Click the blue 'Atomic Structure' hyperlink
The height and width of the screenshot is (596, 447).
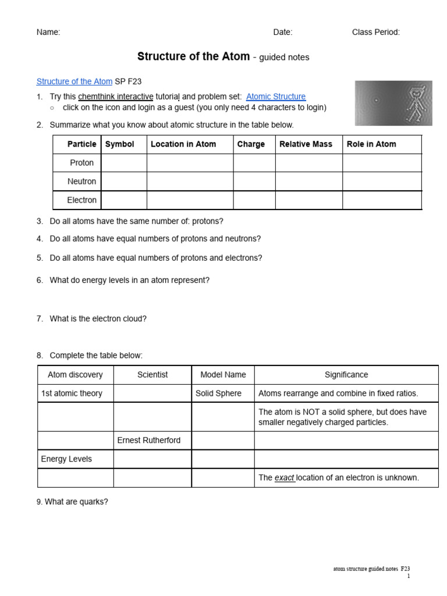coord(275,97)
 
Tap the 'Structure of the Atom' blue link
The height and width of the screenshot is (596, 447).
coord(74,81)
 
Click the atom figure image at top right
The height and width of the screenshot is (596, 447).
coord(393,103)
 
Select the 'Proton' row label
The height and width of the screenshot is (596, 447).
coord(81,163)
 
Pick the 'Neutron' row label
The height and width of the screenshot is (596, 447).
coord(81,182)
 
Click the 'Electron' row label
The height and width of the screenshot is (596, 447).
coord(81,200)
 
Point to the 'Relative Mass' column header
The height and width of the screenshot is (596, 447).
coord(306,144)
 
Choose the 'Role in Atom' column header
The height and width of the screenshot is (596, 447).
coord(371,144)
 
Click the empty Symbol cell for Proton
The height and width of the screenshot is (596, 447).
coord(123,163)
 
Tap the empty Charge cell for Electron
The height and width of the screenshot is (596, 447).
coord(254,200)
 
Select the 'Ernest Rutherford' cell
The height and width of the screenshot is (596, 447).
coord(149,441)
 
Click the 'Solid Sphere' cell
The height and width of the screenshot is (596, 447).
coord(218,393)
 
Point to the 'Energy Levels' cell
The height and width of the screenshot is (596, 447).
coord(66,459)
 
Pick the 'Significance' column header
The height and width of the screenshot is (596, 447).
coord(346,375)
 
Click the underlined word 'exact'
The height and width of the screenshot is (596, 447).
coord(284,478)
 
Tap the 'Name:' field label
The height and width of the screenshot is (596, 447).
coord(48,33)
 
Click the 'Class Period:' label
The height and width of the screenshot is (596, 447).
coord(376,33)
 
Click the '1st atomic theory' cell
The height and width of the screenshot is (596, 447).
coord(72,393)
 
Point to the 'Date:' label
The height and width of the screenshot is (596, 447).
coord(283,33)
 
